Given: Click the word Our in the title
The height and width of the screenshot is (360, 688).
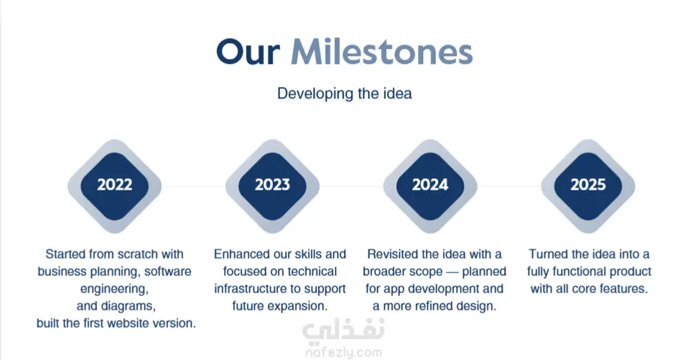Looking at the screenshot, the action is [248, 52].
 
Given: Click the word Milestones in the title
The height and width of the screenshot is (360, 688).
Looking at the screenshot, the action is [382, 52].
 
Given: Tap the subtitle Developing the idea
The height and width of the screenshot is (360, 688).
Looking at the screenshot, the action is [345, 93].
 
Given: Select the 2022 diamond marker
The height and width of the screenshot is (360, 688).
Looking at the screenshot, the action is [114, 186].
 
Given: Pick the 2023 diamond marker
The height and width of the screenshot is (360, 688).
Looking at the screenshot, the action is [272, 186].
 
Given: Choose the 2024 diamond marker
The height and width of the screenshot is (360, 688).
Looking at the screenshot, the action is [430, 186].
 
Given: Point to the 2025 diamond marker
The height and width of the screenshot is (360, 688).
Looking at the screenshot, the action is [588, 186].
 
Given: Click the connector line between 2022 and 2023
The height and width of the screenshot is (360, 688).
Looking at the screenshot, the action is [193, 186].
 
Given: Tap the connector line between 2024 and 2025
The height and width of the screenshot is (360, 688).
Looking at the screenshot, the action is [509, 186].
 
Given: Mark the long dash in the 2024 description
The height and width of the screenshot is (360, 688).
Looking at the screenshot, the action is [452, 272].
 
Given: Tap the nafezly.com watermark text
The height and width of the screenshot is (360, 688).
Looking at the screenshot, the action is [343, 353].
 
